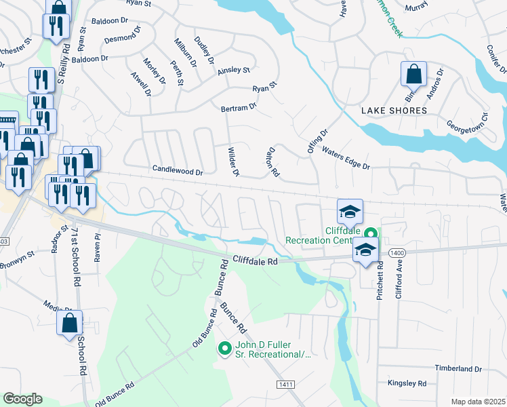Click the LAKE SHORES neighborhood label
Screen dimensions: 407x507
click(394, 111)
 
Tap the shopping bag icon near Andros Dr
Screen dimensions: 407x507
click(413, 73)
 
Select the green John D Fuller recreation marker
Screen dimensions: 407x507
click(224, 349)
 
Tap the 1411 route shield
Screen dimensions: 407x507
click(285, 385)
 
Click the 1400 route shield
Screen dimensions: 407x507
click(397, 252)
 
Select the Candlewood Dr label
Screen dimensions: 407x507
click(178, 172)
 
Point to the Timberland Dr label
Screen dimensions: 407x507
click(458, 369)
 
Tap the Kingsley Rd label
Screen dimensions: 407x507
click(407, 383)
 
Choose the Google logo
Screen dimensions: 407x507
click(22, 399)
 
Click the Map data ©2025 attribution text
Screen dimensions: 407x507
click(479, 401)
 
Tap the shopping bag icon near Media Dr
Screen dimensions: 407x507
click(69, 325)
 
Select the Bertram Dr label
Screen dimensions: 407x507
click(239, 107)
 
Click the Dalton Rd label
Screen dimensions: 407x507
click(274, 163)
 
